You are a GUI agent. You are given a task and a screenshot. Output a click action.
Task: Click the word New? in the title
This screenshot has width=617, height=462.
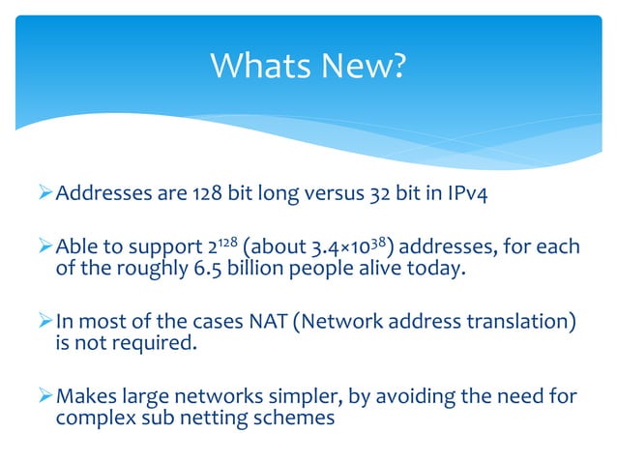(368, 66)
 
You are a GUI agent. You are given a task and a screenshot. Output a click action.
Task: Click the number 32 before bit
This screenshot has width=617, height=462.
(380, 199)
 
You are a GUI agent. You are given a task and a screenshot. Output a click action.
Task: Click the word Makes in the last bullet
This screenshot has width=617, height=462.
(86, 395)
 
